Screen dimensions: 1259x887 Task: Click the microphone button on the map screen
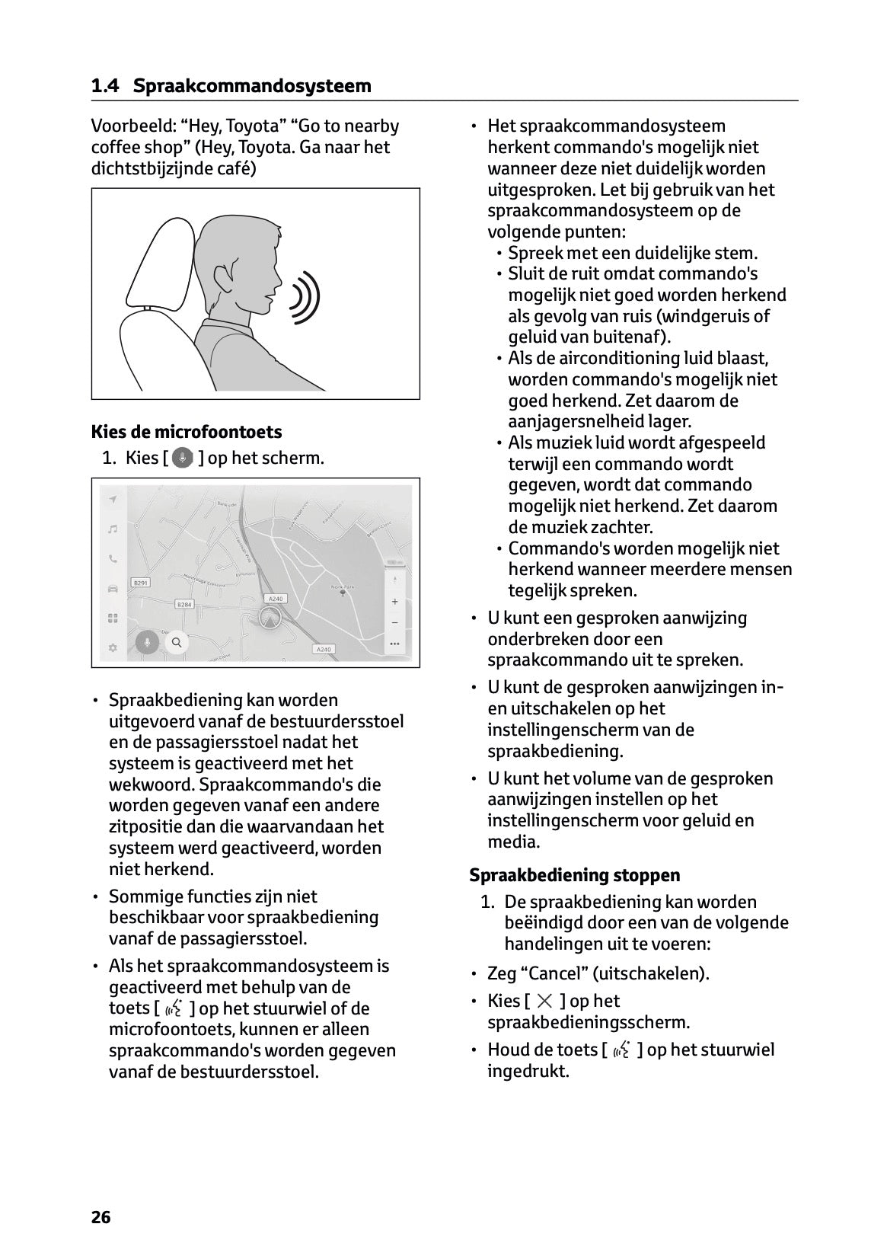[x=147, y=642]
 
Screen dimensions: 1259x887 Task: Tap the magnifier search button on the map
[x=177, y=642]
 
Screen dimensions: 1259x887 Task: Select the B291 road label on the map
[x=141, y=583]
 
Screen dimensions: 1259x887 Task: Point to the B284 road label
[x=184, y=604]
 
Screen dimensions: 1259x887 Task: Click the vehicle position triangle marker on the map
[x=270, y=618]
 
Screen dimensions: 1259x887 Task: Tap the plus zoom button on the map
[x=394, y=602]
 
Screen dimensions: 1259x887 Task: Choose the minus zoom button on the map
[x=394, y=622]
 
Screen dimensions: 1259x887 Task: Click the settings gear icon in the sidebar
[x=113, y=647]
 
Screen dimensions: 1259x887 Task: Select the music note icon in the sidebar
[x=113, y=529]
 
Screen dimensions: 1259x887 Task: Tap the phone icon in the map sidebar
[x=113, y=558]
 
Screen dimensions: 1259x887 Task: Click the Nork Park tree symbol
[x=343, y=593]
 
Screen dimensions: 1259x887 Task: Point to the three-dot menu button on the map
[x=394, y=644]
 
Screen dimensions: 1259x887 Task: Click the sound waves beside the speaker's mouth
[x=305, y=293]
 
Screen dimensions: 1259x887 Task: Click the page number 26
[x=101, y=1217]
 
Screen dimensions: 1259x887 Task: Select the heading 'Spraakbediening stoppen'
[x=575, y=875]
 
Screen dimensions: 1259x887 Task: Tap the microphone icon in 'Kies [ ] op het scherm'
[x=183, y=458]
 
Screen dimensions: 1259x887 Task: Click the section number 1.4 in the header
[x=105, y=86]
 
